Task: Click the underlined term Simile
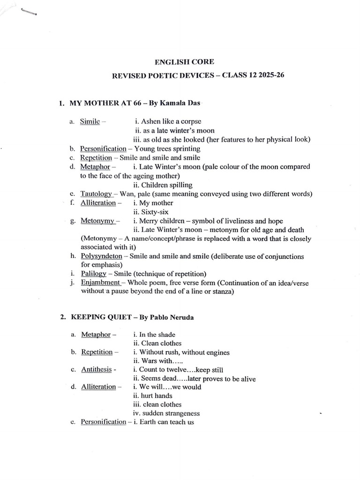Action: tap(90, 122)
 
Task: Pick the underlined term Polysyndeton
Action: tap(101, 256)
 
